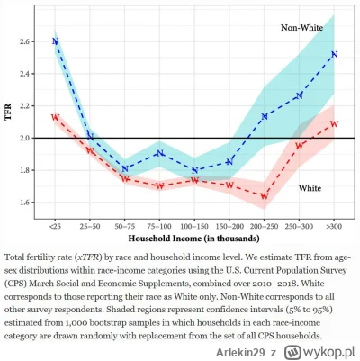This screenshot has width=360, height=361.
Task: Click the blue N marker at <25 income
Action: tap(55, 41)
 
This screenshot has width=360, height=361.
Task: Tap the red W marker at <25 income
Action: tap(55, 117)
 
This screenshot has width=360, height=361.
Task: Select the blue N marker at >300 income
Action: tap(334, 54)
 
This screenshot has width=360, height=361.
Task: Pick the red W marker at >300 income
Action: tap(334, 123)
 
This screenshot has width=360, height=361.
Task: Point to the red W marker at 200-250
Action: tap(265, 195)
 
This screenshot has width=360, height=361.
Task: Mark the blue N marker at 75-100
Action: tap(159, 153)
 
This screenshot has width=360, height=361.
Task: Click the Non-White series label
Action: tap(303, 28)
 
